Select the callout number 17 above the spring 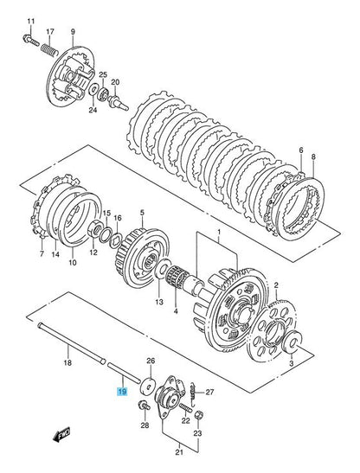tap(49, 32)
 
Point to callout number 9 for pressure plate tap(72, 32)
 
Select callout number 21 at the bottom tap(180, 451)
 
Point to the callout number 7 tap(41, 256)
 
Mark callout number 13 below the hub tap(159, 303)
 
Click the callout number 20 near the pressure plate tap(115, 82)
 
